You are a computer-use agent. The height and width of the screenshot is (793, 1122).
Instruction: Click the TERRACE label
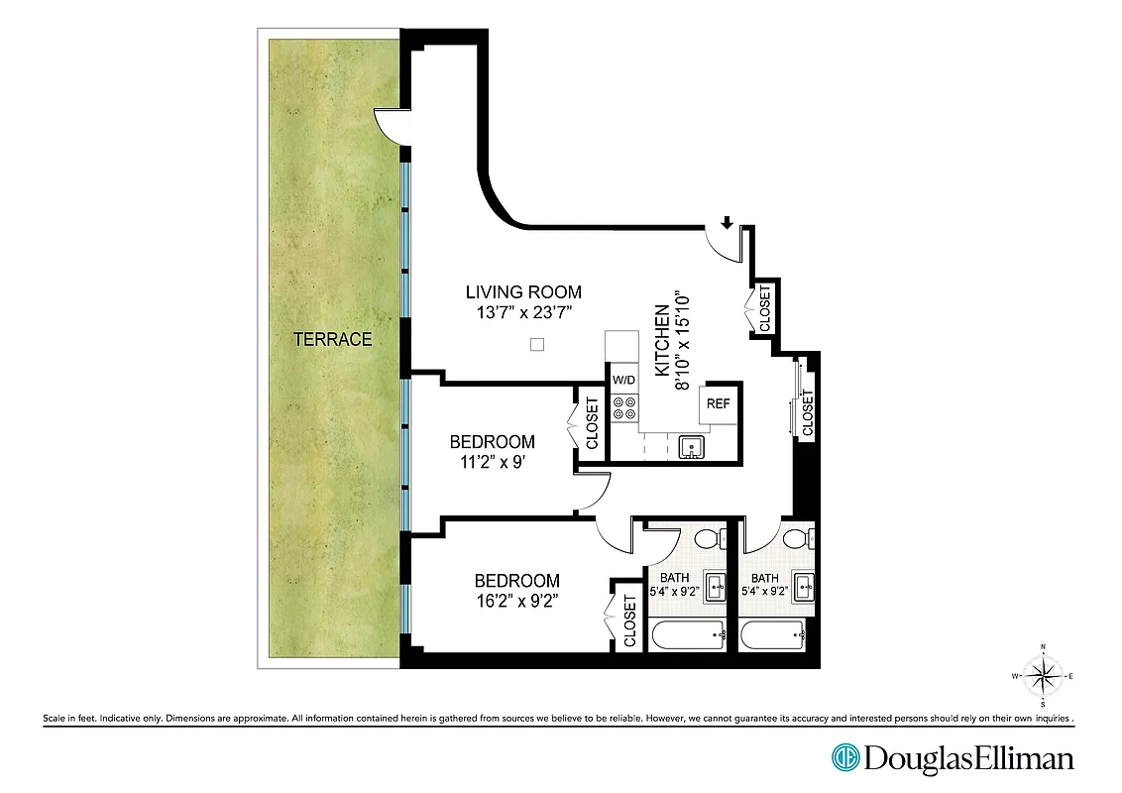(332, 340)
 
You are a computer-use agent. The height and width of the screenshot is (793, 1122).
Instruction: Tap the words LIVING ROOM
(523, 292)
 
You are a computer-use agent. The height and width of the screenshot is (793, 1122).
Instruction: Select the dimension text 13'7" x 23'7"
(523, 313)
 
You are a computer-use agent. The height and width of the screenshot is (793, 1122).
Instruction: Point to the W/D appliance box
(623, 380)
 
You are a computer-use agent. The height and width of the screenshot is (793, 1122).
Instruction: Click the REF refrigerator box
(718, 403)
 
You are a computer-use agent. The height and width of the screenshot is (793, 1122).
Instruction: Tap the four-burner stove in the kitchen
(624, 408)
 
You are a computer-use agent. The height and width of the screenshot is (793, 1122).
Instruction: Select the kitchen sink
(691, 448)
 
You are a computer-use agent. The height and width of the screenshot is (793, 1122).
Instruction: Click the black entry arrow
(728, 223)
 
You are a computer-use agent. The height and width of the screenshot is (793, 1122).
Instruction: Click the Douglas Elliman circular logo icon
(845, 758)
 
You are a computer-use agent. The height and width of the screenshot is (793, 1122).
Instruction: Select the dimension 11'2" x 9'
(492, 461)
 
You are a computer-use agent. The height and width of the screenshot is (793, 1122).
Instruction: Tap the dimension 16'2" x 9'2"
(516, 600)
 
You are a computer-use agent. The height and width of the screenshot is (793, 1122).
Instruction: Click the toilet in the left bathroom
(705, 539)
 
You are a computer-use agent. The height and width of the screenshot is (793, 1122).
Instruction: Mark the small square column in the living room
(537, 344)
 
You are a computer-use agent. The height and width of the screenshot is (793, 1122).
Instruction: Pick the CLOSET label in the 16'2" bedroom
(630, 621)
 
